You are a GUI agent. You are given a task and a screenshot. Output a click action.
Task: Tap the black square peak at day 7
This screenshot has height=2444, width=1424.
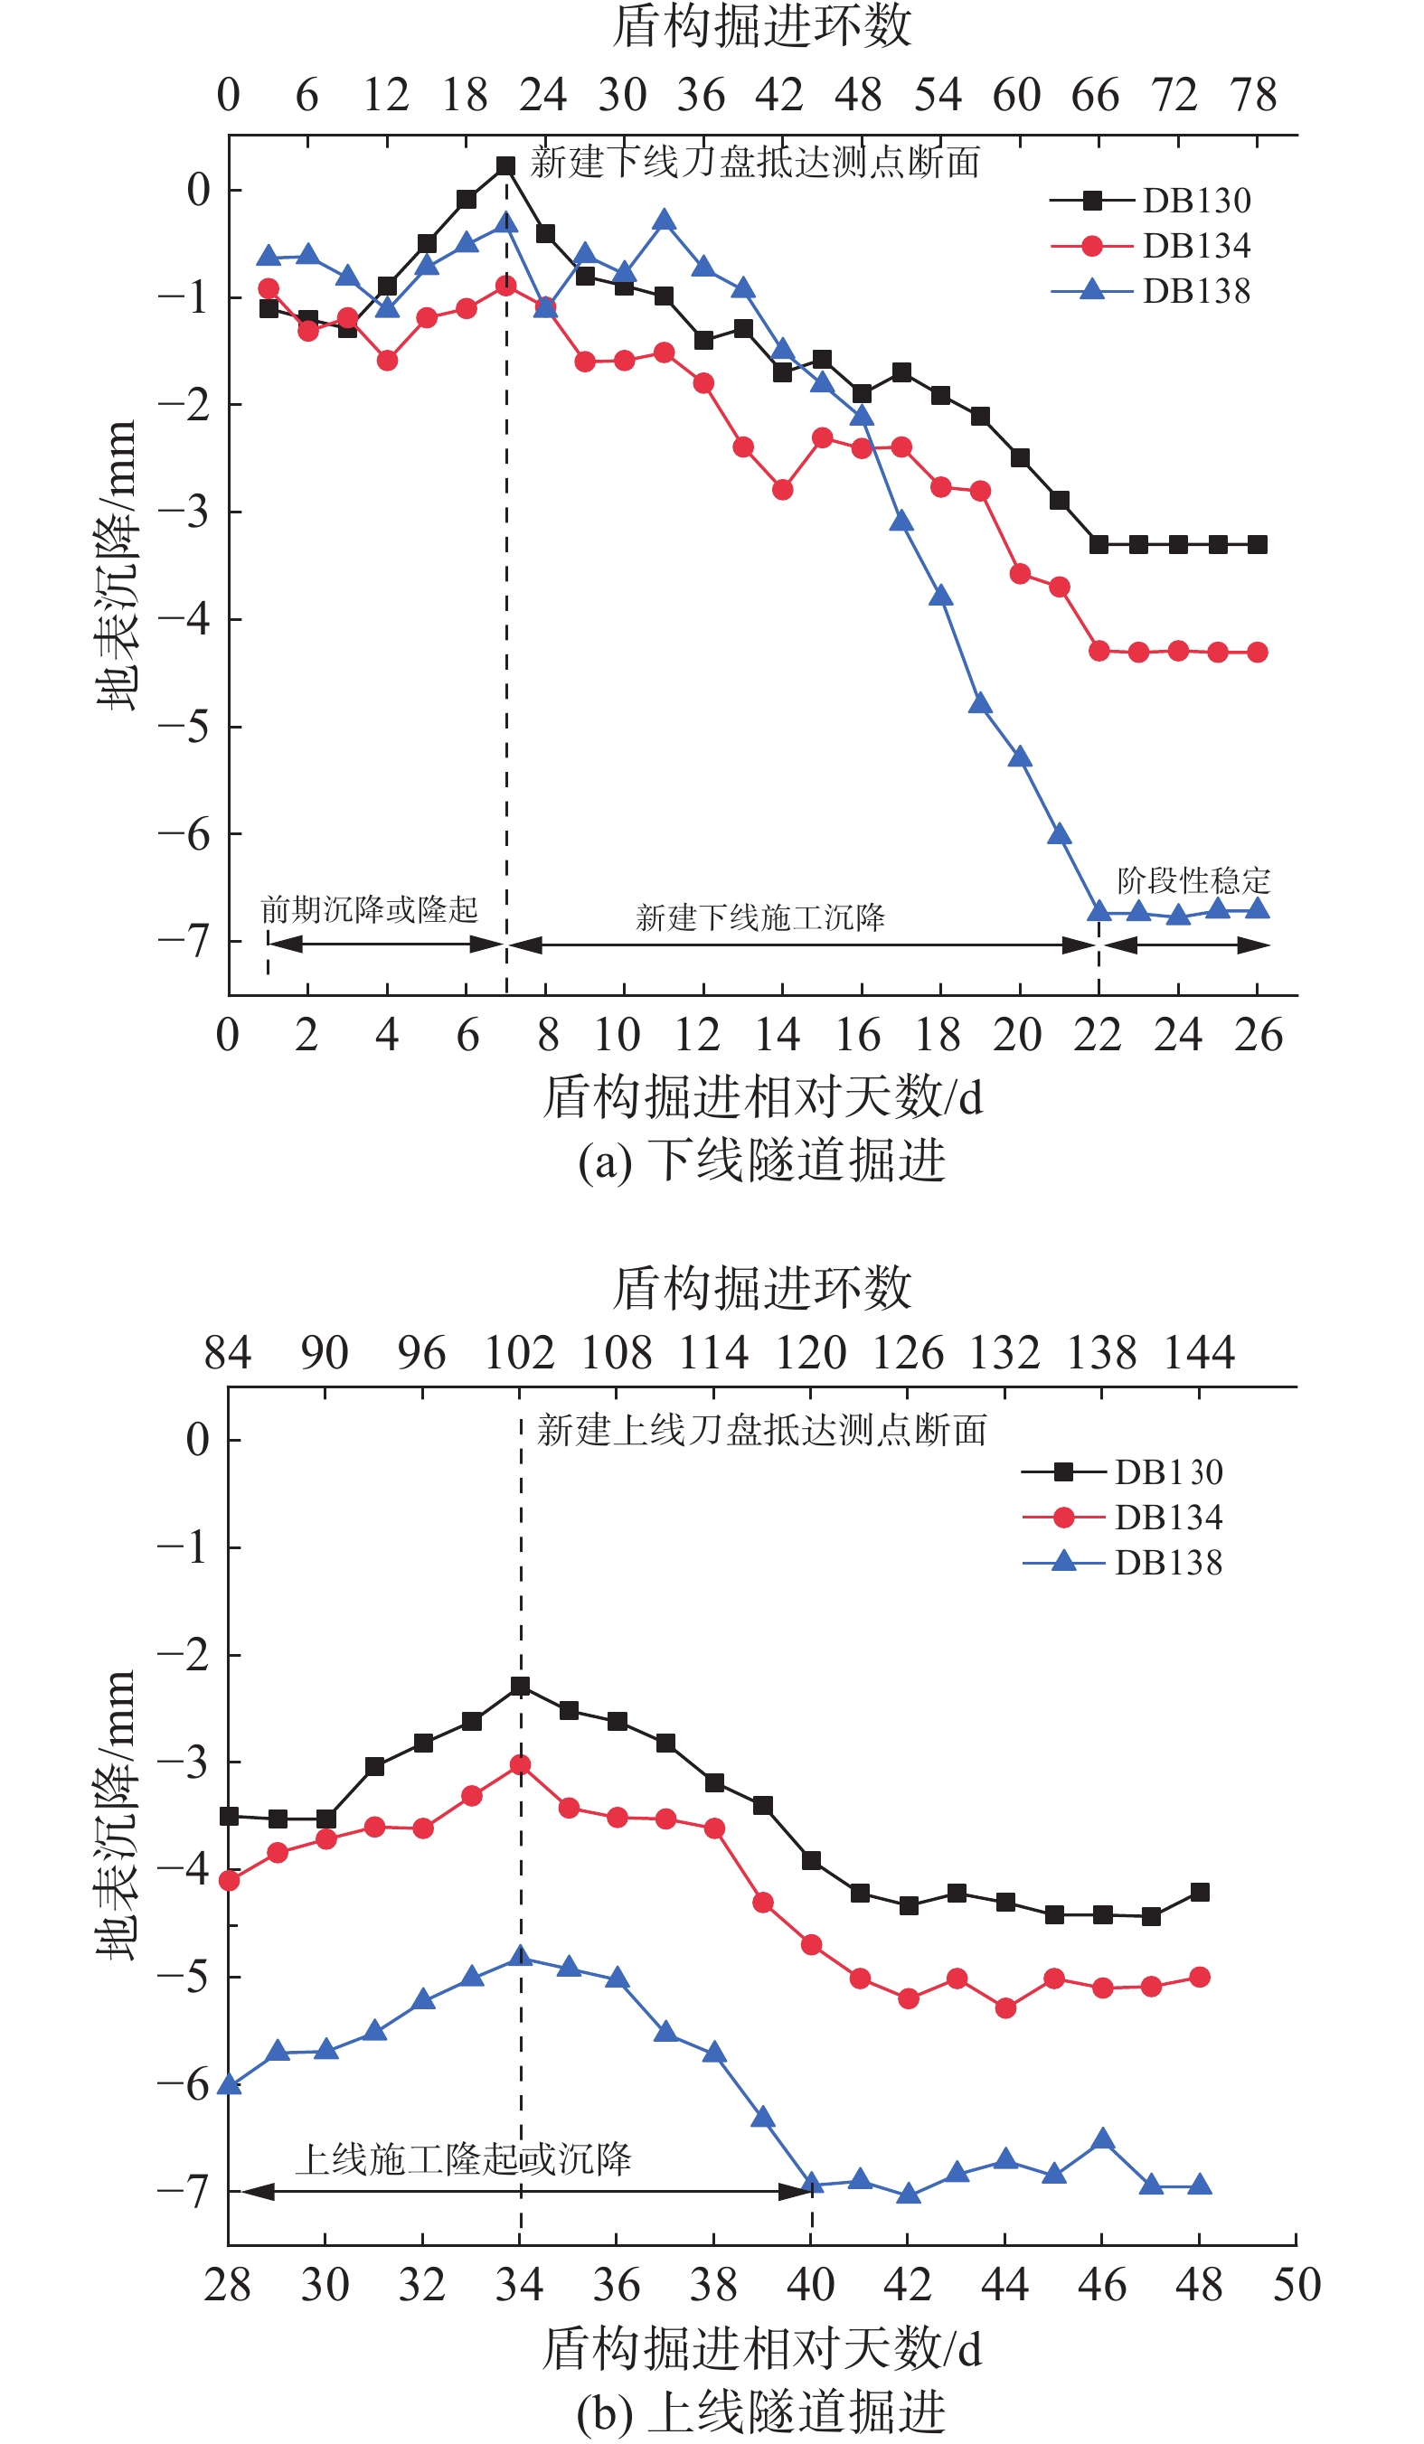coord(505,165)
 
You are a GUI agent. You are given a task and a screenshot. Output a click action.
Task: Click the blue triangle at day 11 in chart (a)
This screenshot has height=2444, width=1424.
coord(665,221)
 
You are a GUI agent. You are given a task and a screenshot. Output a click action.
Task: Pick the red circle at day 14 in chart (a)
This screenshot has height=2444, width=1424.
coord(783,490)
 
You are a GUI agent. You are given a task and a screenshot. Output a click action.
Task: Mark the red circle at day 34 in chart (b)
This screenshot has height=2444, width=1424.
coord(520,1764)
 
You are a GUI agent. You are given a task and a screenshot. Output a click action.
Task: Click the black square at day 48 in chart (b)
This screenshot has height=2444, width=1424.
coord(1200,1892)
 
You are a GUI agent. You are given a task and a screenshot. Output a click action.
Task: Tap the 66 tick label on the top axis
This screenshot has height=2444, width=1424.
coord(1095,95)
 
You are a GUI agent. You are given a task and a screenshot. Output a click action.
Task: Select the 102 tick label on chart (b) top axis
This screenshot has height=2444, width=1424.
coord(519,1353)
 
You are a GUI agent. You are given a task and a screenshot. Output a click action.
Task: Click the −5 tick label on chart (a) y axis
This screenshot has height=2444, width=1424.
coord(184,727)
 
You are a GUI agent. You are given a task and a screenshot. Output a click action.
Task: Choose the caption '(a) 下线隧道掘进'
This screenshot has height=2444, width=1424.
coord(761,1161)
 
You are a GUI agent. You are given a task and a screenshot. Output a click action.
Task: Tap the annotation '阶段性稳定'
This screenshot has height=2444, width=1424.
coord(1193,880)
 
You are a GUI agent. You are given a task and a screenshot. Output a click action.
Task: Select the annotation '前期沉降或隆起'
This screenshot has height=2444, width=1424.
coord(370,909)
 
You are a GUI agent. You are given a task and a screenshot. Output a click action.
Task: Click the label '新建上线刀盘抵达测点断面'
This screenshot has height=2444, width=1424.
coord(761,1431)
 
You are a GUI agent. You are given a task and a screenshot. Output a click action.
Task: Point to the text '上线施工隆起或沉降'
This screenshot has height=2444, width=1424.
coord(463,2160)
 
